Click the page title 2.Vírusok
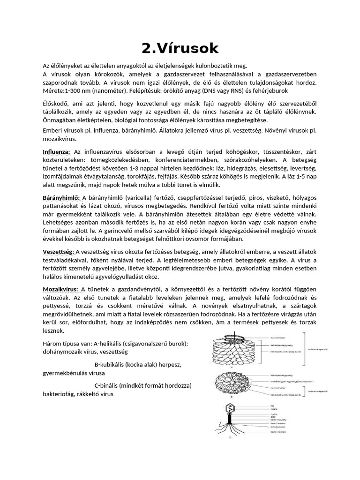(x=180, y=48)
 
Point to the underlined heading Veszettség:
(x=59, y=252)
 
